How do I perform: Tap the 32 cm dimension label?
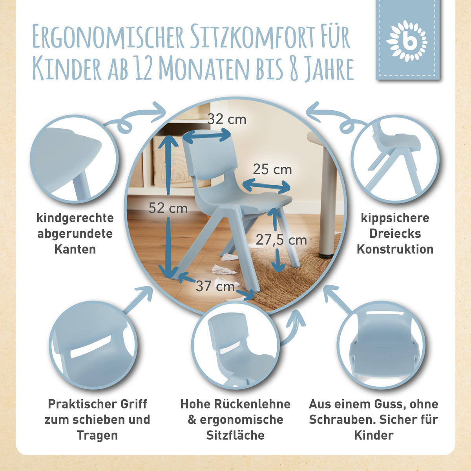[x=227, y=119]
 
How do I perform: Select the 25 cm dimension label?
[x=272, y=169]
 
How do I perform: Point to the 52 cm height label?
[x=168, y=208]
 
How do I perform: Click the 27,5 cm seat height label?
[x=281, y=239]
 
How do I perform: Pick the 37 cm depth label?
[x=215, y=286]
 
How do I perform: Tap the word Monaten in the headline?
[x=204, y=69]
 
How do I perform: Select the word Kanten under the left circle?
[x=75, y=249]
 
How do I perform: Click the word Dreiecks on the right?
[x=395, y=234]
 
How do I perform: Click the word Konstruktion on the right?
[x=395, y=249]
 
